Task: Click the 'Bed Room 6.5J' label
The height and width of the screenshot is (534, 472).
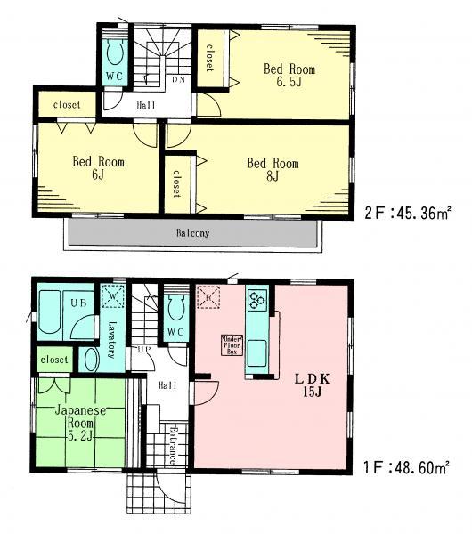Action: click(289, 76)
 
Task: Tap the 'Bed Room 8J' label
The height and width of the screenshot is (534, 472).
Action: click(273, 169)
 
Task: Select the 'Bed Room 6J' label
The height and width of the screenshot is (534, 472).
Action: click(98, 169)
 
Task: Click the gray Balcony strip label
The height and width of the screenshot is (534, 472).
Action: click(191, 234)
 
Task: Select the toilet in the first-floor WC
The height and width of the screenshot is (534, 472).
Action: click(175, 310)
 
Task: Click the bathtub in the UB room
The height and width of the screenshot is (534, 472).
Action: click(51, 311)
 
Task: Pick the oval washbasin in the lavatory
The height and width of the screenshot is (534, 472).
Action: click(90, 359)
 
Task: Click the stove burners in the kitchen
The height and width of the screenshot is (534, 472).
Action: click(256, 301)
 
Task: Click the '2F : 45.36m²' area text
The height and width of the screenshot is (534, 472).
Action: click(406, 213)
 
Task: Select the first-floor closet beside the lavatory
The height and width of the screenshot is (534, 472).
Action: click(53, 360)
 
